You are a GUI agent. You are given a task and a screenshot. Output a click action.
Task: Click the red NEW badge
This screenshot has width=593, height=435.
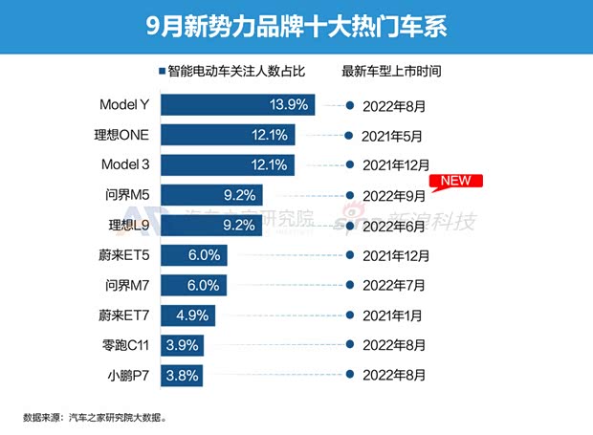click(458, 181)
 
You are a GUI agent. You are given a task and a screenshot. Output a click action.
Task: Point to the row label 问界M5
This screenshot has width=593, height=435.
click(126, 195)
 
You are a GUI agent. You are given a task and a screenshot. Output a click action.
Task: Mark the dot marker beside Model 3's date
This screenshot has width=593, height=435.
click(350, 165)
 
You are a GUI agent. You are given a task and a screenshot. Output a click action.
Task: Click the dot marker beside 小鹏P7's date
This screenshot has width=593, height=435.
click(350, 376)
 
